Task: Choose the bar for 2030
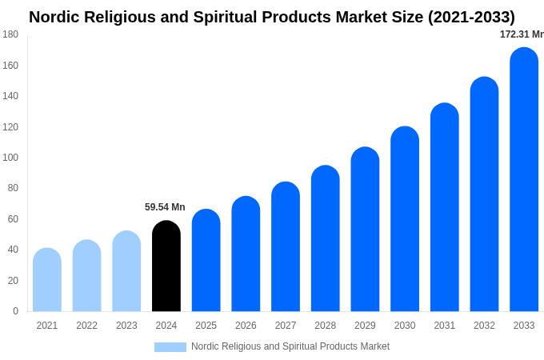click(405, 219)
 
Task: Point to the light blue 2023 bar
click(126, 271)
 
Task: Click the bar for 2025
click(206, 261)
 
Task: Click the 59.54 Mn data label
click(165, 207)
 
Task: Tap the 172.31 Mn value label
click(522, 34)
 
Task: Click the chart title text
click(272, 17)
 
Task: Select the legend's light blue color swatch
click(170, 346)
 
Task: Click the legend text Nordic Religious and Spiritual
click(290, 346)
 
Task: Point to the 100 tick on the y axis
click(10, 158)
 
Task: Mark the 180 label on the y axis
click(10, 34)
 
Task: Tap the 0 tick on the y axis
click(15, 311)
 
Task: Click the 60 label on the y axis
click(13, 219)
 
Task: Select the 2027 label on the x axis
click(286, 326)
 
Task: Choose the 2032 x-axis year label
click(484, 326)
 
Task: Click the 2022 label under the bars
click(86, 326)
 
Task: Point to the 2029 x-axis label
click(365, 326)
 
